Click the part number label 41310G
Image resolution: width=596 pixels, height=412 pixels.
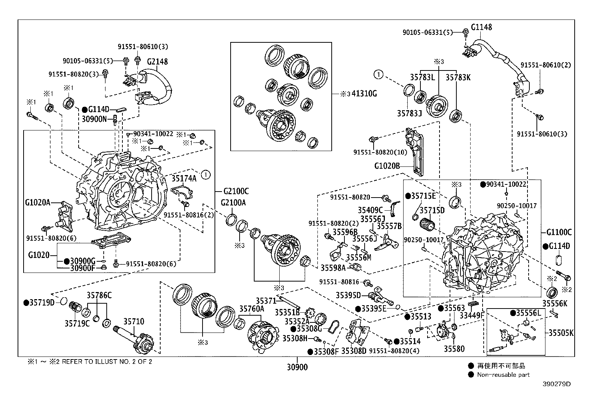click(364, 94)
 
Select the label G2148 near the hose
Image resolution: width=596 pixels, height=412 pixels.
click(157, 62)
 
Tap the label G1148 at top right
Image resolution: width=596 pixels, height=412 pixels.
click(481, 27)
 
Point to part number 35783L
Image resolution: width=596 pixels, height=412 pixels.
click(422, 77)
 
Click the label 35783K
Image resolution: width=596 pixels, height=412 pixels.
click(458, 77)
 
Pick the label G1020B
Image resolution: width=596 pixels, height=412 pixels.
click(387, 165)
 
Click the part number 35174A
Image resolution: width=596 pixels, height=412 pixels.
click(184, 178)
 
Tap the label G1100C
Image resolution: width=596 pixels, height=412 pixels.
click(559, 232)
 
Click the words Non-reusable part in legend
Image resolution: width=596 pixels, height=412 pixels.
click(503, 375)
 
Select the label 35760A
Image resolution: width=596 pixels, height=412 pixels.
click(252, 309)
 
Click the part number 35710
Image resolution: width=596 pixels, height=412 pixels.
click(134, 322)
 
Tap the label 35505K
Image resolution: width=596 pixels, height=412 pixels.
click(561, 333)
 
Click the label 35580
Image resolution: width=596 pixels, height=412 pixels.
click(454, 349)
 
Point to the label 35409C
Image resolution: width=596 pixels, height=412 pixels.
click(370, 210)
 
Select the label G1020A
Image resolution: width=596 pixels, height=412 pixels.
click(37, 203)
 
